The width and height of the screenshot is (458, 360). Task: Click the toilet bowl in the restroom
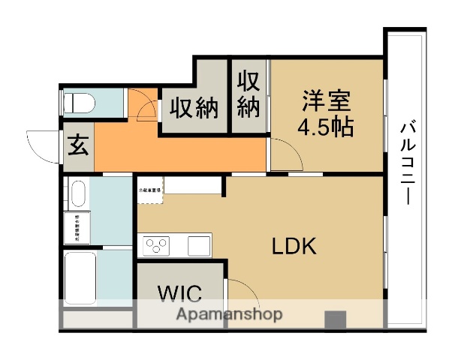point(77,102)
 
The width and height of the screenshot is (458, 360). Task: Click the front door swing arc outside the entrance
point(41,145)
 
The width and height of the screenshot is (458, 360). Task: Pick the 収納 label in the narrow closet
point(249,94)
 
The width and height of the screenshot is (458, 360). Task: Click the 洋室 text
point(327,100)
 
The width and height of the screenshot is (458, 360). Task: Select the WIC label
point(178,291)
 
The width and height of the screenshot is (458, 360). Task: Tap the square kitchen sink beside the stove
point(198,244)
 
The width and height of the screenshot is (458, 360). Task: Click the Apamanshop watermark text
point(229,314)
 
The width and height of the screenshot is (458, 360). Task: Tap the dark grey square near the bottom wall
point(335,319)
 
